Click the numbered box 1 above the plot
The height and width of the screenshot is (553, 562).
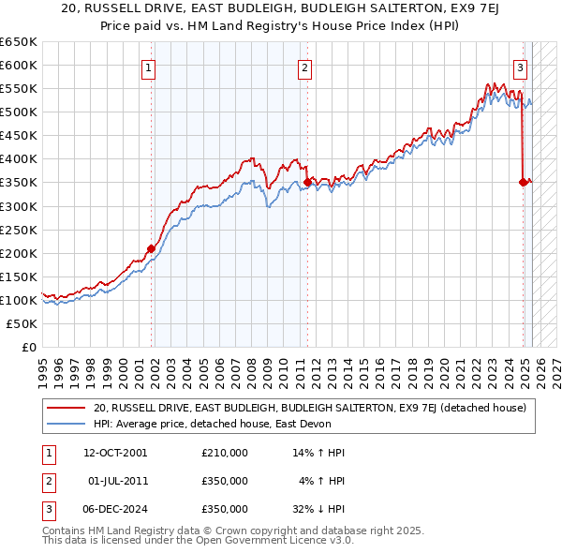tap(150, 67)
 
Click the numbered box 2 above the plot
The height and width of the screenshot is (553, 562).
tap(305, 67)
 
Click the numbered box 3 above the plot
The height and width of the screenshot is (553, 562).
tap(520, 67)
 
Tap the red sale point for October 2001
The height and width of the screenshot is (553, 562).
tap(151, 248)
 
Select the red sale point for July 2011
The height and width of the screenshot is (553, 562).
tap(306, 182)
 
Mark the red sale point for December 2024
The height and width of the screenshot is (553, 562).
tap(523, 182)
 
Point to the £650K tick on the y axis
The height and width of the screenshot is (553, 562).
tap(19, 42)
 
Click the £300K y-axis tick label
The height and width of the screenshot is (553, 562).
tap(19, 206)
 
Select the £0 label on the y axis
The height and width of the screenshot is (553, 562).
tap(28, 347)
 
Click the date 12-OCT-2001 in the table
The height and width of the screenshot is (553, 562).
tap(114, 453)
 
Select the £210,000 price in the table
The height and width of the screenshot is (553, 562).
tap(225, 453)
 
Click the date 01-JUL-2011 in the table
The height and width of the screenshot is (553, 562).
tap(114, 481)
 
